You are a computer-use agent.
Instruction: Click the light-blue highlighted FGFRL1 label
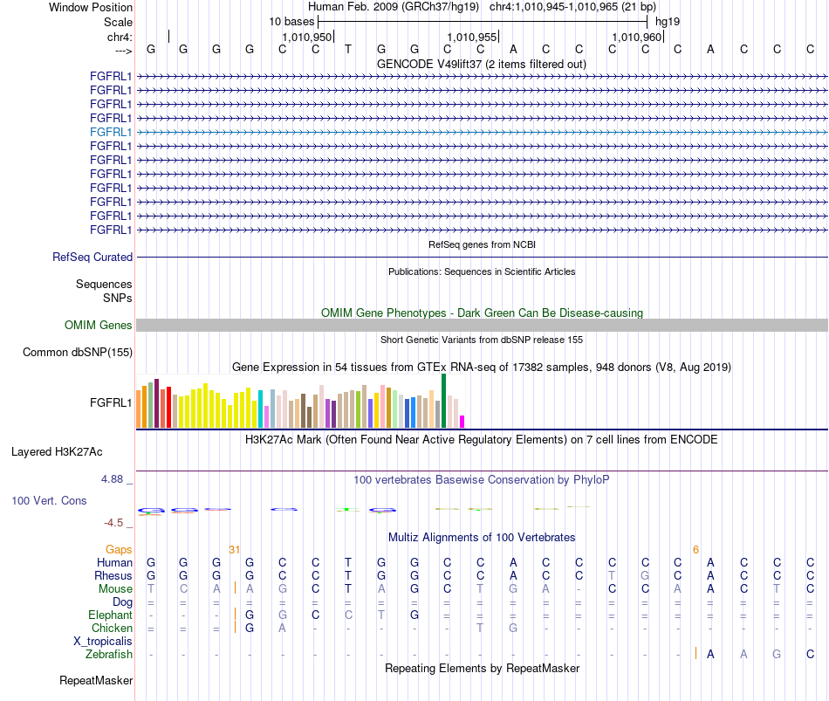111,133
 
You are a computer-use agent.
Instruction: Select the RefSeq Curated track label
92,258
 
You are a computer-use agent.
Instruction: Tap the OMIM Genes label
99,326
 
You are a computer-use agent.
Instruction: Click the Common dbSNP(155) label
78,353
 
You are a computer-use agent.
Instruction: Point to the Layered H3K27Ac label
57,452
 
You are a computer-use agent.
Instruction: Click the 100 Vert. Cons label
49,500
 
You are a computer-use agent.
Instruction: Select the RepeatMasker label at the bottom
96,680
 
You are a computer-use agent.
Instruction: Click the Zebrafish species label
109,655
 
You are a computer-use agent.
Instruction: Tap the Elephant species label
111,615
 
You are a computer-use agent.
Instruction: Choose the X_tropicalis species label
103,642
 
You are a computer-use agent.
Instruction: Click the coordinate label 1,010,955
472,37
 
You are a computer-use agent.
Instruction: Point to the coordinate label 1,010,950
307,37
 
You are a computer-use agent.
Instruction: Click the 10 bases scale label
291,22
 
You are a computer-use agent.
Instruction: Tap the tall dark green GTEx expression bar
444,401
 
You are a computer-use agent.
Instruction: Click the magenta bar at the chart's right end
462,422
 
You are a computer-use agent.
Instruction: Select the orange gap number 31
234,550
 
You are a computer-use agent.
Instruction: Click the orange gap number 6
695,550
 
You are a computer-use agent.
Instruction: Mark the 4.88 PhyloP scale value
112,479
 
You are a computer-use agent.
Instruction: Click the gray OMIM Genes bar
483,326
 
